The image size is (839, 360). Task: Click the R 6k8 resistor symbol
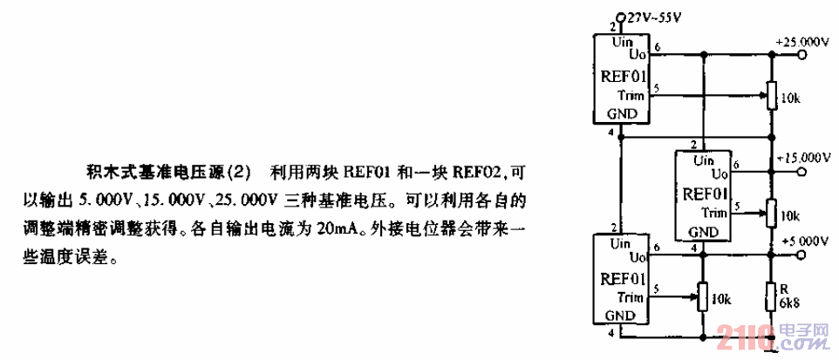[770, 297]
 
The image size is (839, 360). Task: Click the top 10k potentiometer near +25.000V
[770, 95]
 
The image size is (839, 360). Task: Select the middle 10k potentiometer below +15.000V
[770, 210]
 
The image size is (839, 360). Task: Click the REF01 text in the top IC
[621, 77]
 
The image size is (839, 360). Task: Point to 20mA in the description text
[327, 232]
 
